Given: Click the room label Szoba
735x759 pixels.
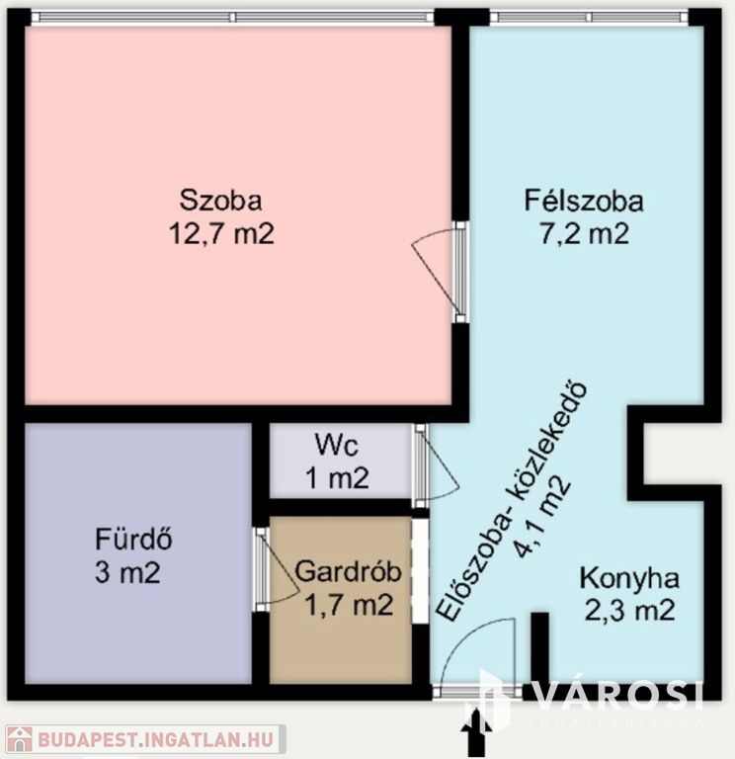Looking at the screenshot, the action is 220,200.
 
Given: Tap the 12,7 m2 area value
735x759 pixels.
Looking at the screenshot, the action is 221,234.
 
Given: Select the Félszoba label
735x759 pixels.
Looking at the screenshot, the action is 584,201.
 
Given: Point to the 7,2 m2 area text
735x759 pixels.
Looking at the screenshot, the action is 585,233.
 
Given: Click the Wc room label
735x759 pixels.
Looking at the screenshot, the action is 337,445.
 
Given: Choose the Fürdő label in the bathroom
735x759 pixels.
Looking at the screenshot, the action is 133,539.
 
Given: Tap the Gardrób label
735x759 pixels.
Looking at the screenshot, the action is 349,571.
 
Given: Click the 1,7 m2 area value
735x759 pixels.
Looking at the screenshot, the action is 349,605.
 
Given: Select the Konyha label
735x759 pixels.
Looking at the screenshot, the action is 629,579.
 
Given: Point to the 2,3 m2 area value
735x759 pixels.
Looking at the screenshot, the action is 630,611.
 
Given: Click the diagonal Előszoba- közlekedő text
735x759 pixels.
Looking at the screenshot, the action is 512,501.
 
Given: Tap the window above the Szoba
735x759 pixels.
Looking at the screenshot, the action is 233,18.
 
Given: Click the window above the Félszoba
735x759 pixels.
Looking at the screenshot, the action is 589,18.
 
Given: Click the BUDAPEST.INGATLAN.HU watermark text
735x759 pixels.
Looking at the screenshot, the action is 155,739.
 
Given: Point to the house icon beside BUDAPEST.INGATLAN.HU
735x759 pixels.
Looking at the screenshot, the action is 20,739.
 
